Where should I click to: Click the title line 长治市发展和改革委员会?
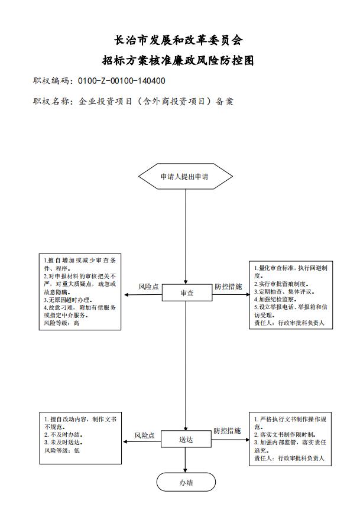(x=179, y=40)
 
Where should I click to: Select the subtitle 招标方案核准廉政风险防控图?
(x=179, y=60)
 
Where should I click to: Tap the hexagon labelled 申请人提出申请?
(x=186, y=177)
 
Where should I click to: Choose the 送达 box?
(x=186, y=440)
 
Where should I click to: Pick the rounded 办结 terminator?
(x=186, y=482)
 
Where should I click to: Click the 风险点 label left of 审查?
(x=148, y=287)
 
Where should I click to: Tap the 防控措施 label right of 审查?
(x=228, y=287)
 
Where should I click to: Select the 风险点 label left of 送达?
(x=144, y=435)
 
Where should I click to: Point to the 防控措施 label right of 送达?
(x=227, y=431)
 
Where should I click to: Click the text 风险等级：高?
(x=61, y=323)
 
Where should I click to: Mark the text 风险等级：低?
(x=61, y=450)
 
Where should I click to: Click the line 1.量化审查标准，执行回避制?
(x=290, y=268)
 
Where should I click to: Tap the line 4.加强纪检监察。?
(x=278, y=299)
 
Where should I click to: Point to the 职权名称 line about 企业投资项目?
(x=133, y=101)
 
